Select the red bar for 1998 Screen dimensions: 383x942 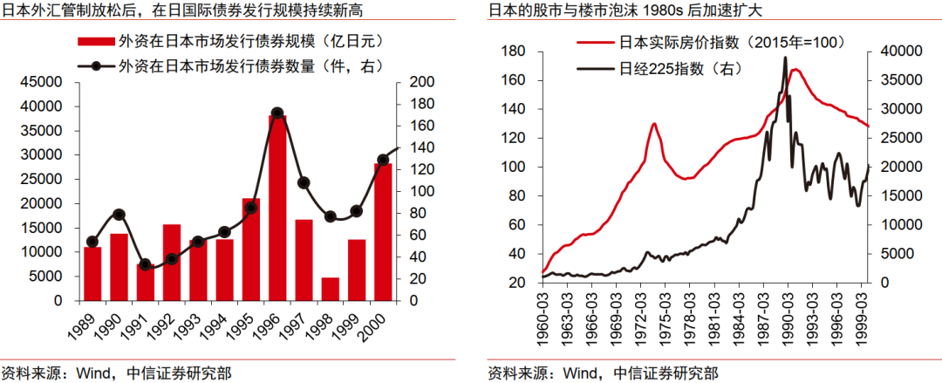pyautogui.click(x=331, y=289)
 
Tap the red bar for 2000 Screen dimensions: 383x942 pyautogui.click(x=382, y=231)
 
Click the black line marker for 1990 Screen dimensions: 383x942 pyautogui.click(x=119, y=215)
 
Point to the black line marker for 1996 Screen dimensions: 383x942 pyautogui.click(x=277, y=113)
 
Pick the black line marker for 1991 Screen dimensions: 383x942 pyautogui.click(x=146, y=264)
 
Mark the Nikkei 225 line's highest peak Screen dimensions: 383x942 pyautogui.click(x=786, y=58)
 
